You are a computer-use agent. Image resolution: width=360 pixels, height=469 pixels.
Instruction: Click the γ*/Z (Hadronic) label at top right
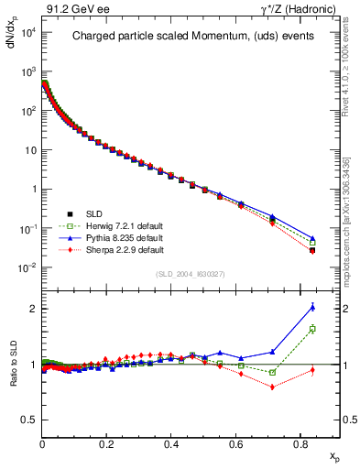pyautogui.click(x=305, y=8)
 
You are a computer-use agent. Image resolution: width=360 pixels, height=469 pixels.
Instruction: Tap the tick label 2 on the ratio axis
pyautogui.click(x=32, y=309)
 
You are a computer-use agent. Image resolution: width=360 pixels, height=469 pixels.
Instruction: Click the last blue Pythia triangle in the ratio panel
pyautogui.click(x=312, y=307)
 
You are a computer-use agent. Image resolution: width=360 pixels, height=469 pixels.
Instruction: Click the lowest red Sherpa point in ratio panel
pyautogui.click(x=273, y=387)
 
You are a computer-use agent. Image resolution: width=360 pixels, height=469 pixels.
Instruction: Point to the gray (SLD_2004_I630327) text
pyautogui.click(x=190, y=274)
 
